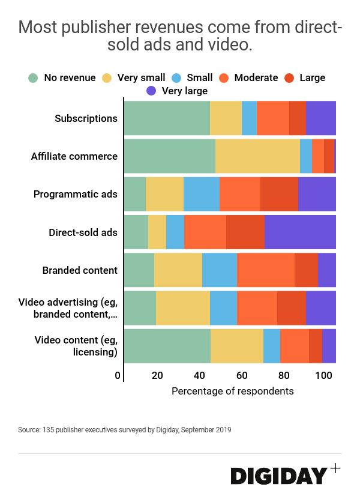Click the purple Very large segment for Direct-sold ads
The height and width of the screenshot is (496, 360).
(300, 232)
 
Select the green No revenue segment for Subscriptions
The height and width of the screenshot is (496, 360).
(167, 118)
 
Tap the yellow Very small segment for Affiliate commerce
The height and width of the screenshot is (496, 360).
(257, 156)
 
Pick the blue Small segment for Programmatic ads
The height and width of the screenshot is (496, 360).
(202, 194)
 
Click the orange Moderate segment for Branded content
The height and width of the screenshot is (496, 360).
(266, 270)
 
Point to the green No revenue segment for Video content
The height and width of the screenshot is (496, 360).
(167, 346)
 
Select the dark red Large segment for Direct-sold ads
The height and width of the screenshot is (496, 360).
(245, 232)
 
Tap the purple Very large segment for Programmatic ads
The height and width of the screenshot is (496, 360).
(317, 194)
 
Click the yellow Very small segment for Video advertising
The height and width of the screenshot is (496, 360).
(183, 308)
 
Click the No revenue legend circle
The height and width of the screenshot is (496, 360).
(34, 78)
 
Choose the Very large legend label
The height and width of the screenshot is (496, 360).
(185, 91)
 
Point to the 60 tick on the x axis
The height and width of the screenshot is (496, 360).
(241, 376)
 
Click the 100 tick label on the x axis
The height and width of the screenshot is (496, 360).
(323, 376)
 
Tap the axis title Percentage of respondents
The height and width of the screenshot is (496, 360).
(233, 391)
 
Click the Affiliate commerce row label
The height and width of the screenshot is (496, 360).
(74, 156)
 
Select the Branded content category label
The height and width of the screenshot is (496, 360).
(80, 270)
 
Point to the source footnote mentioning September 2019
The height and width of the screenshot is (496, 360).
(125, 430)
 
